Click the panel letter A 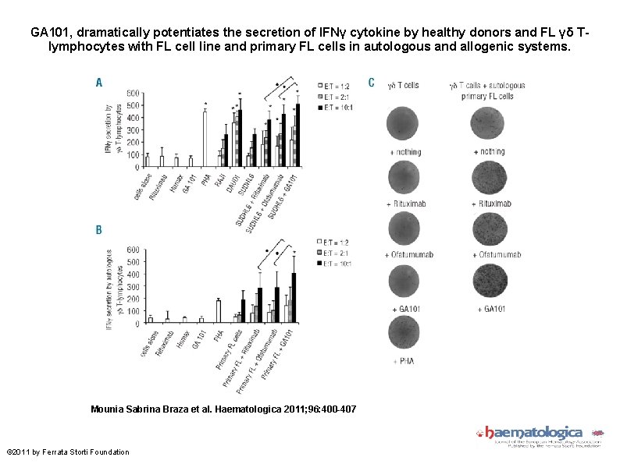[x=99, y=82]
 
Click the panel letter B [x=99, y=230]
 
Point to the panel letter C [x=370, y=83]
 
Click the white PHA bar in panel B [x=218, y=311]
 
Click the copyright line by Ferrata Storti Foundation [x=68, y=452]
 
